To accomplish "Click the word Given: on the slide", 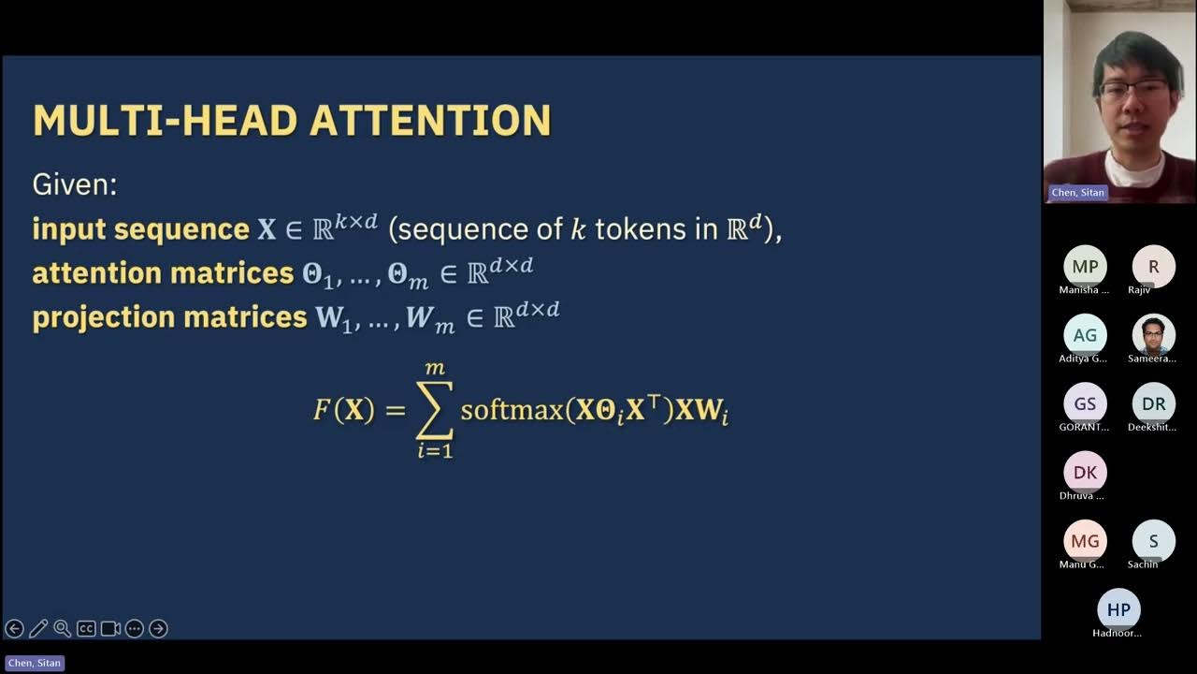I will [x=75, y=184].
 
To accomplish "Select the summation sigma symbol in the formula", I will [x=434, y=410].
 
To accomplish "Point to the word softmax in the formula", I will [x=512, y=411].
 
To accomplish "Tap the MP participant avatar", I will [x=1085, y=267].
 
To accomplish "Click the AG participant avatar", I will [x=1085, y=335].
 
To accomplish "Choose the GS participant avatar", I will [x=1085, y=403].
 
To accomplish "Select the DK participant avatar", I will [x=1085, y=473].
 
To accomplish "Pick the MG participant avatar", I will [x=1085, y=541].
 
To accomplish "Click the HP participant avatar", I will [x=1118, y=609].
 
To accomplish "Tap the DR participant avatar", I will [x=1153, y=403].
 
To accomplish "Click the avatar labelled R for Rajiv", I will [x=1153, y=267].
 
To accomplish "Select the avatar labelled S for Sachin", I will [x=1153, y=541].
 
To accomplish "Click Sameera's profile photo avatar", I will [x=1153, y=335].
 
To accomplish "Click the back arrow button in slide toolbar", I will [x=14, y=629].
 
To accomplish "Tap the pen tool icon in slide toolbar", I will [x=38, y=629].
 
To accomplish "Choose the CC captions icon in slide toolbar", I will [x=86, y=629].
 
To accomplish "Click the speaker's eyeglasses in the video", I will [x=1133, y=91].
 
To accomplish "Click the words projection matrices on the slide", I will [x=169, y=317].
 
